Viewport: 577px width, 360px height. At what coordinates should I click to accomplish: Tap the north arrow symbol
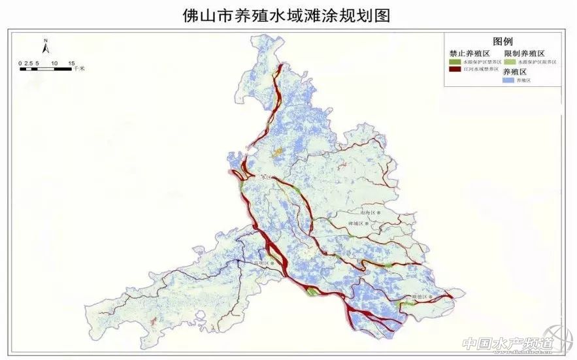[x=46, y=50]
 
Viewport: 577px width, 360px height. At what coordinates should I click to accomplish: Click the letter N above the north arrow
[x=46, y=41]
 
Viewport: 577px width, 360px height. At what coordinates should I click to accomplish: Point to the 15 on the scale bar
[x=71, y=63]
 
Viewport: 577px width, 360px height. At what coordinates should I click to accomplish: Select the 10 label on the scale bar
[x=54, y=63]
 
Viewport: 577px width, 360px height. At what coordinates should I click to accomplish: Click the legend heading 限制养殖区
[x=524, y=52]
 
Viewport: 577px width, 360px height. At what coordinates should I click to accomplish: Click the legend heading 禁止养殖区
[x=465, y=52]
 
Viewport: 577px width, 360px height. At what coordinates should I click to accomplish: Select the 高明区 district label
[x=261, y=264]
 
